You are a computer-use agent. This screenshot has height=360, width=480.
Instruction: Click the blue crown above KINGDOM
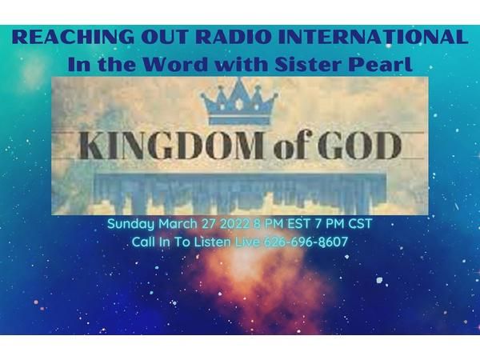[239, 102]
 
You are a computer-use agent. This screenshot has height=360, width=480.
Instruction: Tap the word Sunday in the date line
[130, 224]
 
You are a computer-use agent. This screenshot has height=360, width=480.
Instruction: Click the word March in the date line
[178, 223]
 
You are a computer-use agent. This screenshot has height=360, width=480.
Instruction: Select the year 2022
[234, 223]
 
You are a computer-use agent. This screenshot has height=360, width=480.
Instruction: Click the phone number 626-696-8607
[306, 242]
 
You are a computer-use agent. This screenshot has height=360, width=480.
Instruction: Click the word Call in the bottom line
[143, 242]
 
